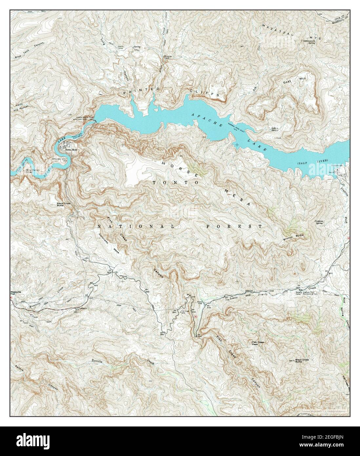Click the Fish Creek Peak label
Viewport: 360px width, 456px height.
tap(258, 343)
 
